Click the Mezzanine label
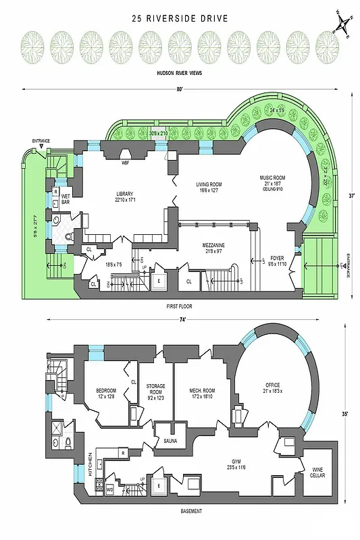pos(213,246)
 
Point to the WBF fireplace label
pos(126,163)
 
